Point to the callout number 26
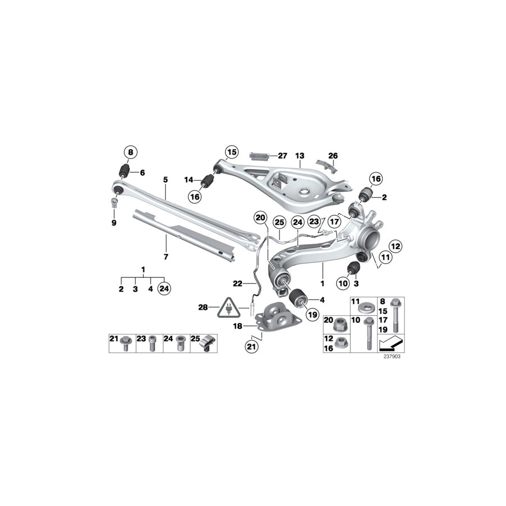click(x=333, y=155)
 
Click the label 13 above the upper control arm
click(x=299, y=155)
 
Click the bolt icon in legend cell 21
click(x=125, y=344)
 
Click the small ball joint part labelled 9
click(x=114, y=201)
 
